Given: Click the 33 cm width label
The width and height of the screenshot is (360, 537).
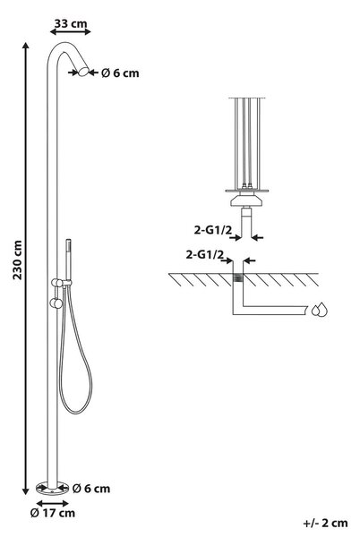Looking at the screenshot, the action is (x=71, y=24).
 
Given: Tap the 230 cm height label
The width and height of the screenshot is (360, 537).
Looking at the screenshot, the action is (x=18, y=260).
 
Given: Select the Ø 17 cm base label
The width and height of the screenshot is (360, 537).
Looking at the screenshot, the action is (x=53, y=513).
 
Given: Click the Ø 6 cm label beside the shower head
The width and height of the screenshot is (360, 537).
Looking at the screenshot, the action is (x=120, y=73).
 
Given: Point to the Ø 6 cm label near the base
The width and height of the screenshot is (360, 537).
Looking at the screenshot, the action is (x=91, y=489).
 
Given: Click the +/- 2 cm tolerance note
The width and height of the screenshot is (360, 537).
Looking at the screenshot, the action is (x=325, y=523).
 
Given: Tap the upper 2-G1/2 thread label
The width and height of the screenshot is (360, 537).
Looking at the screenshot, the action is (x=213, y=230).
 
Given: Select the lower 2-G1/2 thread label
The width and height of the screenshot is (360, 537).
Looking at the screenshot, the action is (x=204, y=255).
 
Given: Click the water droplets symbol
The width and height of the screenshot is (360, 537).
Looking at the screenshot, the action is (x=319, y=310).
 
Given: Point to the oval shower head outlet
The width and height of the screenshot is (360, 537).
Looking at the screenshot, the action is (x=83, y=72).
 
